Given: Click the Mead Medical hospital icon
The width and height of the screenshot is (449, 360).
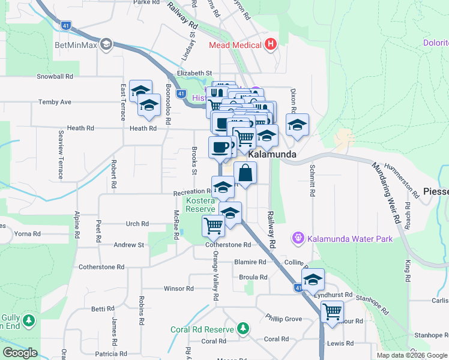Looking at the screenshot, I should tap(271, 44).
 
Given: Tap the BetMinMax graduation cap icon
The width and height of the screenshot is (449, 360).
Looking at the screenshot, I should tap(106, 44).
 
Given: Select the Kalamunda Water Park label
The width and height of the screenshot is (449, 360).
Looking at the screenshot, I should tap(350, 239).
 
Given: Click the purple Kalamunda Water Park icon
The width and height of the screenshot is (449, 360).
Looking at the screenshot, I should tap(298, 239).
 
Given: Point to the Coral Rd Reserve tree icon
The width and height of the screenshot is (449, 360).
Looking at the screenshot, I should tap(243, 328).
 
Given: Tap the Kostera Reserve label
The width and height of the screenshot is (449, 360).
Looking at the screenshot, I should tap(200, 204).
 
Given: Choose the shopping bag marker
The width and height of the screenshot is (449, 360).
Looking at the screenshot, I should tap(246, 174).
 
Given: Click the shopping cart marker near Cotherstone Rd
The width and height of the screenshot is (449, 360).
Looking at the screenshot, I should tap(213, 226).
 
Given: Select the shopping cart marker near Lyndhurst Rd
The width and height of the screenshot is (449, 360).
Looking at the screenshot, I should tap(332, 311).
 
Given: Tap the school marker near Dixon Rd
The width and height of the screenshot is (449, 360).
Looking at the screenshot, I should tap(297, 125).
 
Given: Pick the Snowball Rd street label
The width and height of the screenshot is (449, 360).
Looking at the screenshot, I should tap(55, 77).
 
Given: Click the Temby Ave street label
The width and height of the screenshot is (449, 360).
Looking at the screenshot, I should tap(55, 102).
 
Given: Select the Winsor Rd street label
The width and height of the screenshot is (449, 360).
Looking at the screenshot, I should tap(178, 289).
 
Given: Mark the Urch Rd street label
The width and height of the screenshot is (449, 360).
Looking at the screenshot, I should tap(137, 224).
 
